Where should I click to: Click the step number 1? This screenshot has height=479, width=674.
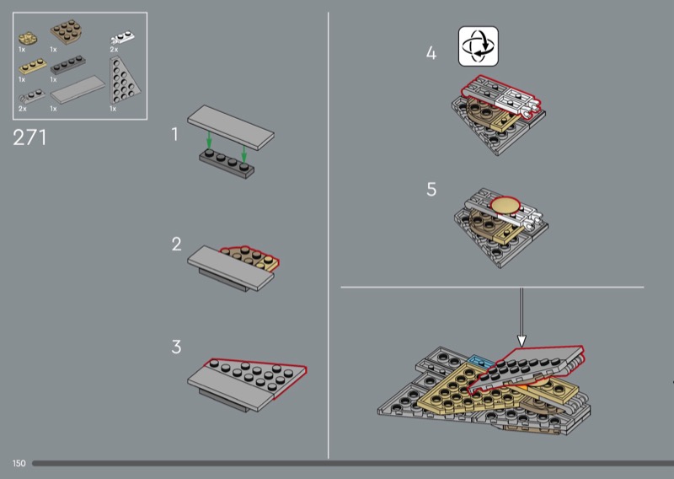pyautogui.click(x=174, y=134)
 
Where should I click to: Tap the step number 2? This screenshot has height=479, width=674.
pyautogui.click(x=176, y=244)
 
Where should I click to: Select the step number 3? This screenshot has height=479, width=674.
pyautogui.click(x=176, y=347)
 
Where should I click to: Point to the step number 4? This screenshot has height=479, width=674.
pyautogui.click(x=431, y=53)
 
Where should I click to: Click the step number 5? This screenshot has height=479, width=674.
pyautogui.click(x=431, y=190)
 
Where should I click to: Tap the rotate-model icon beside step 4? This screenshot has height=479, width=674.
pyautogui.click(x=479, y=46)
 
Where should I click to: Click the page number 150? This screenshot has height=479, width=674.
pyautogui.click(x=19, y=463)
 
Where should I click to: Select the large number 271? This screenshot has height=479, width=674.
pyautogui.click(x=29, y=137)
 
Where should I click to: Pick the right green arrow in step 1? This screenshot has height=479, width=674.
pyautogui.click(x=244, y=154)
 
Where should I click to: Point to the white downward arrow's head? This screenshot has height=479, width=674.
pyautogui.click(x=522, y=342)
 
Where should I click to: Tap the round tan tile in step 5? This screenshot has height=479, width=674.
pyautogui.click(x=505, y=205)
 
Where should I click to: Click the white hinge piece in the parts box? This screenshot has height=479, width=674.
pyautogui.click(x=123, y=38)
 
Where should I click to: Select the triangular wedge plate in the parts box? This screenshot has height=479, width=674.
pyautogui.click(x=124, y=80)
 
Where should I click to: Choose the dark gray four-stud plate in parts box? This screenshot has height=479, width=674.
pyautogui.click(x=67, y=65)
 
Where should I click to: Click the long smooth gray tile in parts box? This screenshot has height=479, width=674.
pyautogui.click(x=78, y=89)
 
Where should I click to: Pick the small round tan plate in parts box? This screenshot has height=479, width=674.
pyautogui.click(x=28, y=38)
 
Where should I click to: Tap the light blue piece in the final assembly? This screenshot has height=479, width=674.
pyautogui.click(x=481, y=361)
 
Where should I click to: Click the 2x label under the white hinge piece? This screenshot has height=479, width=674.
pyautogui.click(x=114, y=50)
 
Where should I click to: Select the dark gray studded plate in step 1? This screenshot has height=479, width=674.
pyautogui.click(x=227, y=164)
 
